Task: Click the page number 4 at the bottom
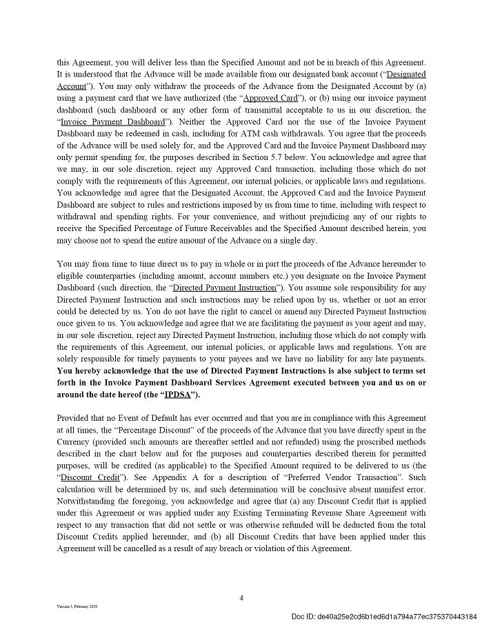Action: [x=241, y=598]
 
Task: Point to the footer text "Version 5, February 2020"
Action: [x=77, y=606]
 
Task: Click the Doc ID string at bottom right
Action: [x=383, y=616]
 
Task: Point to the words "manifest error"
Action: [x=400, y=489]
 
